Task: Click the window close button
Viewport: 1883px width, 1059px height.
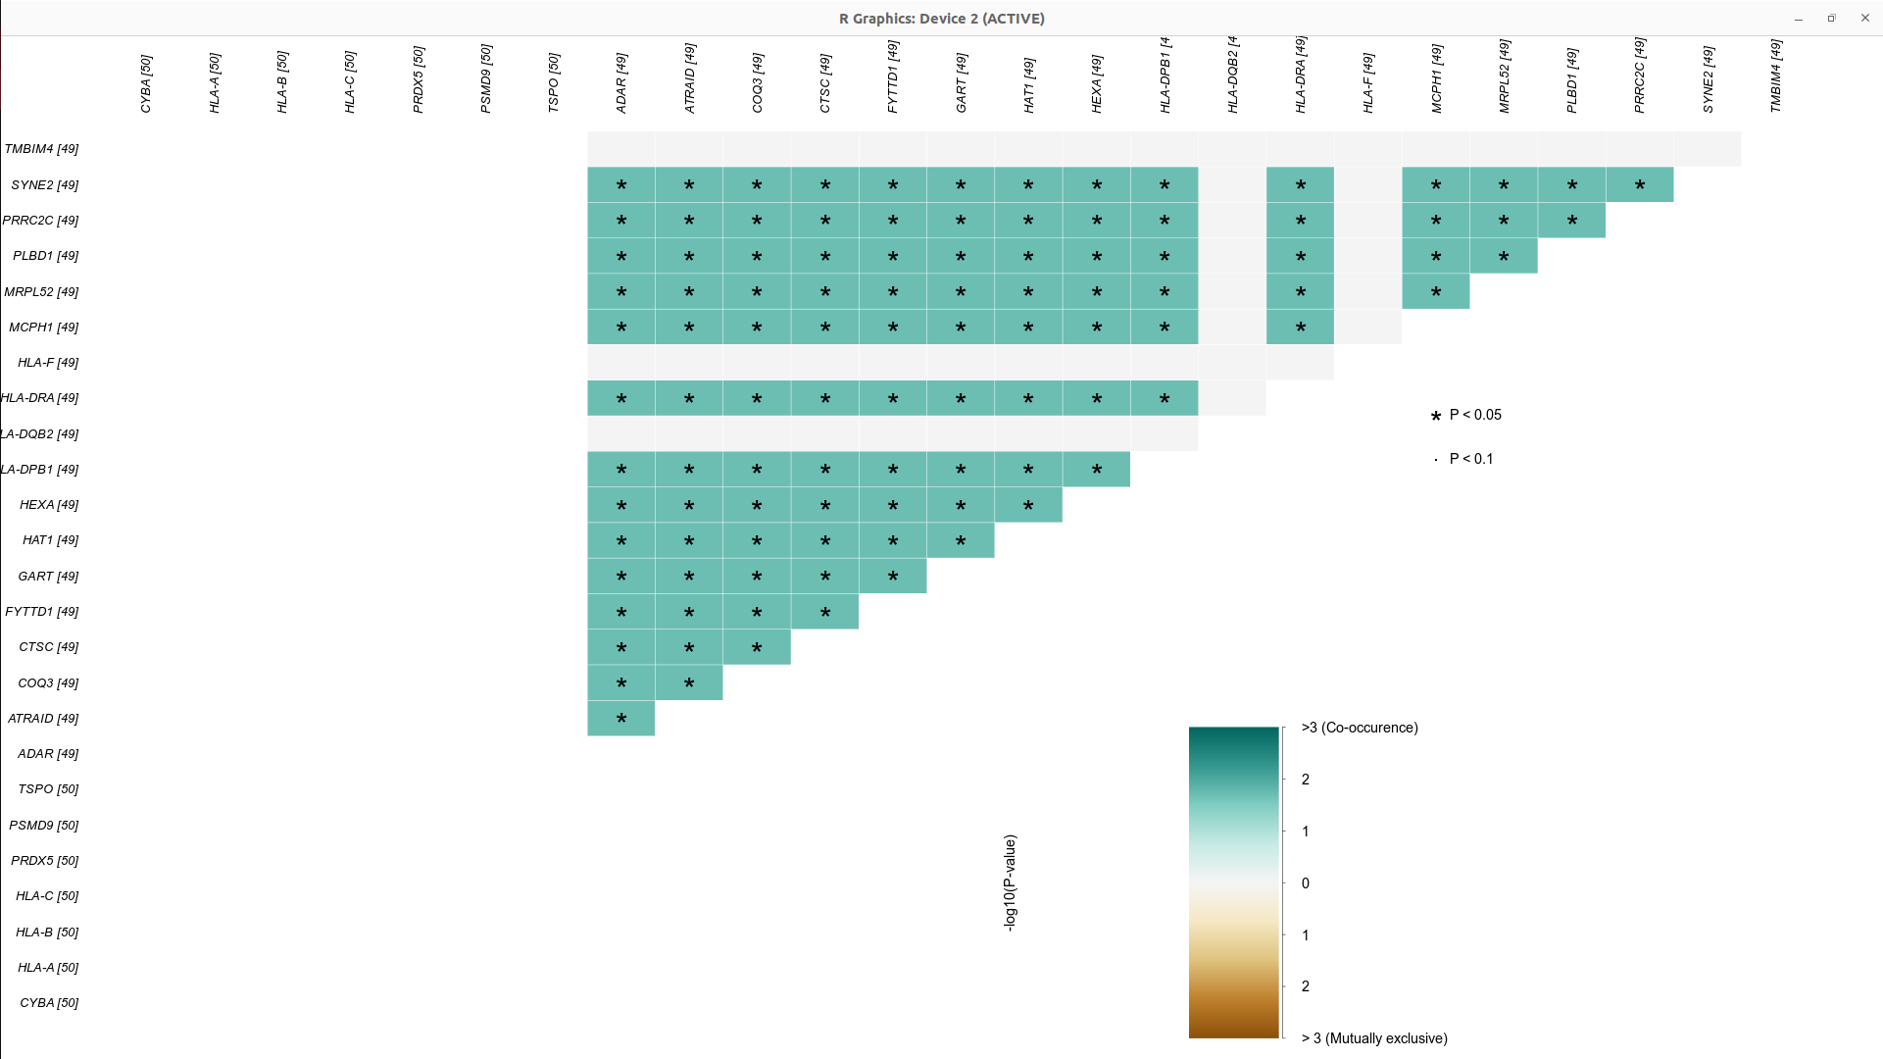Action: click(x=1864, y=19)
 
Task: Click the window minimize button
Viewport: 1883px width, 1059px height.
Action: click(x=1799, y=19)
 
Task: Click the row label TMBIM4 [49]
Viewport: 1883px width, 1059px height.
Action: click(x=41, y=149)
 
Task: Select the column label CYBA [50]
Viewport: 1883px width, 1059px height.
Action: click(x=146, y=83)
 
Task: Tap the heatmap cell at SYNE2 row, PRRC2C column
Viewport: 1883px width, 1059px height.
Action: click(x=1640, y=184)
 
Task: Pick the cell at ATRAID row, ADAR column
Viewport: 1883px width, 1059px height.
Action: click(x=621, y=719)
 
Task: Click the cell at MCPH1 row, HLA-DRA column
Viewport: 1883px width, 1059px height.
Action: click(x=1300, y=328)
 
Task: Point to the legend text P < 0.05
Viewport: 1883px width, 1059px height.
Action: click(x=1475, y=415)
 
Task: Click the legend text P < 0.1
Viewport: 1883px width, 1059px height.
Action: click(x=1471, y=459)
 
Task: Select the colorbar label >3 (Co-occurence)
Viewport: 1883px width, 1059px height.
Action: click(x=1360, y=728)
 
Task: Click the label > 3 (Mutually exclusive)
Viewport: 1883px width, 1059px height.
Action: click(x=1374, y=1038)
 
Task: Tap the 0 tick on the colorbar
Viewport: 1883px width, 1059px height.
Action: click(x=1306, y=883)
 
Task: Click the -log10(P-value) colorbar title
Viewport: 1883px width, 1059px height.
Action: click(x=1011, y=882)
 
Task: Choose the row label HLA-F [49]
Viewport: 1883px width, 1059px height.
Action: click(x=48, y=363)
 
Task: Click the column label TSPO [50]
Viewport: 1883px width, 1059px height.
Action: click(x=554, y=83)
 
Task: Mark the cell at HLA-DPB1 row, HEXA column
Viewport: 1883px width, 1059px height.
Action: click(x=1096, y=470)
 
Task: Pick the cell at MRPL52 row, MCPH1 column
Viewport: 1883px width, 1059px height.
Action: click(x=1436, y=292)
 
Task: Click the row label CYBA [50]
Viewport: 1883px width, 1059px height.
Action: click(x=49, y=1003)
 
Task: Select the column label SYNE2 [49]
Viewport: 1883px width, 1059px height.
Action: click(x=1709, y=79)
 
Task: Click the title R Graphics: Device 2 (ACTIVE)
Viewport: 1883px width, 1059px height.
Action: click(x=941, y=19)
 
